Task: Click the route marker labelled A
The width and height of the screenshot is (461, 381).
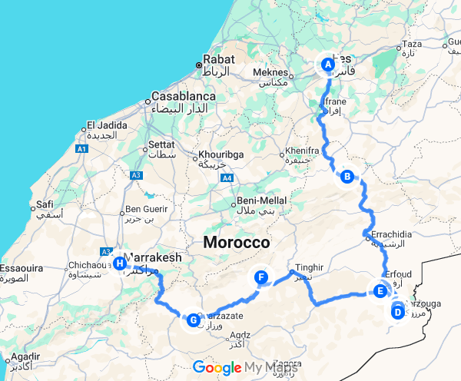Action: [x=328, y=65]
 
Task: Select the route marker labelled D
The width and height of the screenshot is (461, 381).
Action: [x=397, y=312]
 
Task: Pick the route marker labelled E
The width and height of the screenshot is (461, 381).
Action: [x=379, y=291]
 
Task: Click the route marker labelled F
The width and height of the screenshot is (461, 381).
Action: [x=261, y=277]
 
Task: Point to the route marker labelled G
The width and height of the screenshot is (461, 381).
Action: [x=194, y=319]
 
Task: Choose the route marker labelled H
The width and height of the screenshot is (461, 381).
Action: [x=119, y=264]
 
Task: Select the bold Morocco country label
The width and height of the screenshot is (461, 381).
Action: [x=237, y=243]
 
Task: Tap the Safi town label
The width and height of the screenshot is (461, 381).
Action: [x=45, y=204]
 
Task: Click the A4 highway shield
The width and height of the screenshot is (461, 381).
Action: [x=227, y=179]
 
